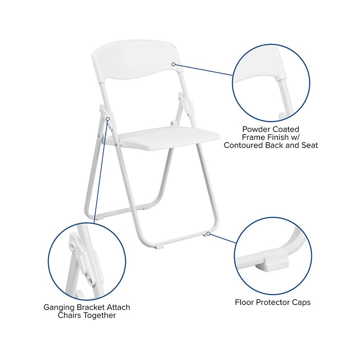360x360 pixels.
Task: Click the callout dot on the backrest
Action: click(173, 64)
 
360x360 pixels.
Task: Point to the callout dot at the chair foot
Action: click(208, 234)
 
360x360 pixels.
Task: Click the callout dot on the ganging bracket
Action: click(108, 118)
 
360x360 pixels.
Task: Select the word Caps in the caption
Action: click(301, 302)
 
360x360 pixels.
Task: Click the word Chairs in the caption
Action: click(72, 315)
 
